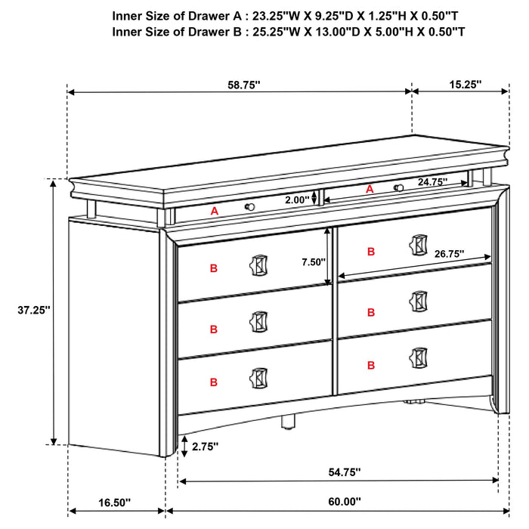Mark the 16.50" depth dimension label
[115, 501]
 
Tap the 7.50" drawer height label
[313, 261]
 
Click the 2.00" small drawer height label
[298, 200]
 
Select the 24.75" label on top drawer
[432, 182]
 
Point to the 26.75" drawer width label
[449, 255]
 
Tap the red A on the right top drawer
[370, 190]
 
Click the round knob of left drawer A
[249, 206]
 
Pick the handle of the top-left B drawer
[258, 266]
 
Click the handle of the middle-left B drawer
[258, 320]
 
